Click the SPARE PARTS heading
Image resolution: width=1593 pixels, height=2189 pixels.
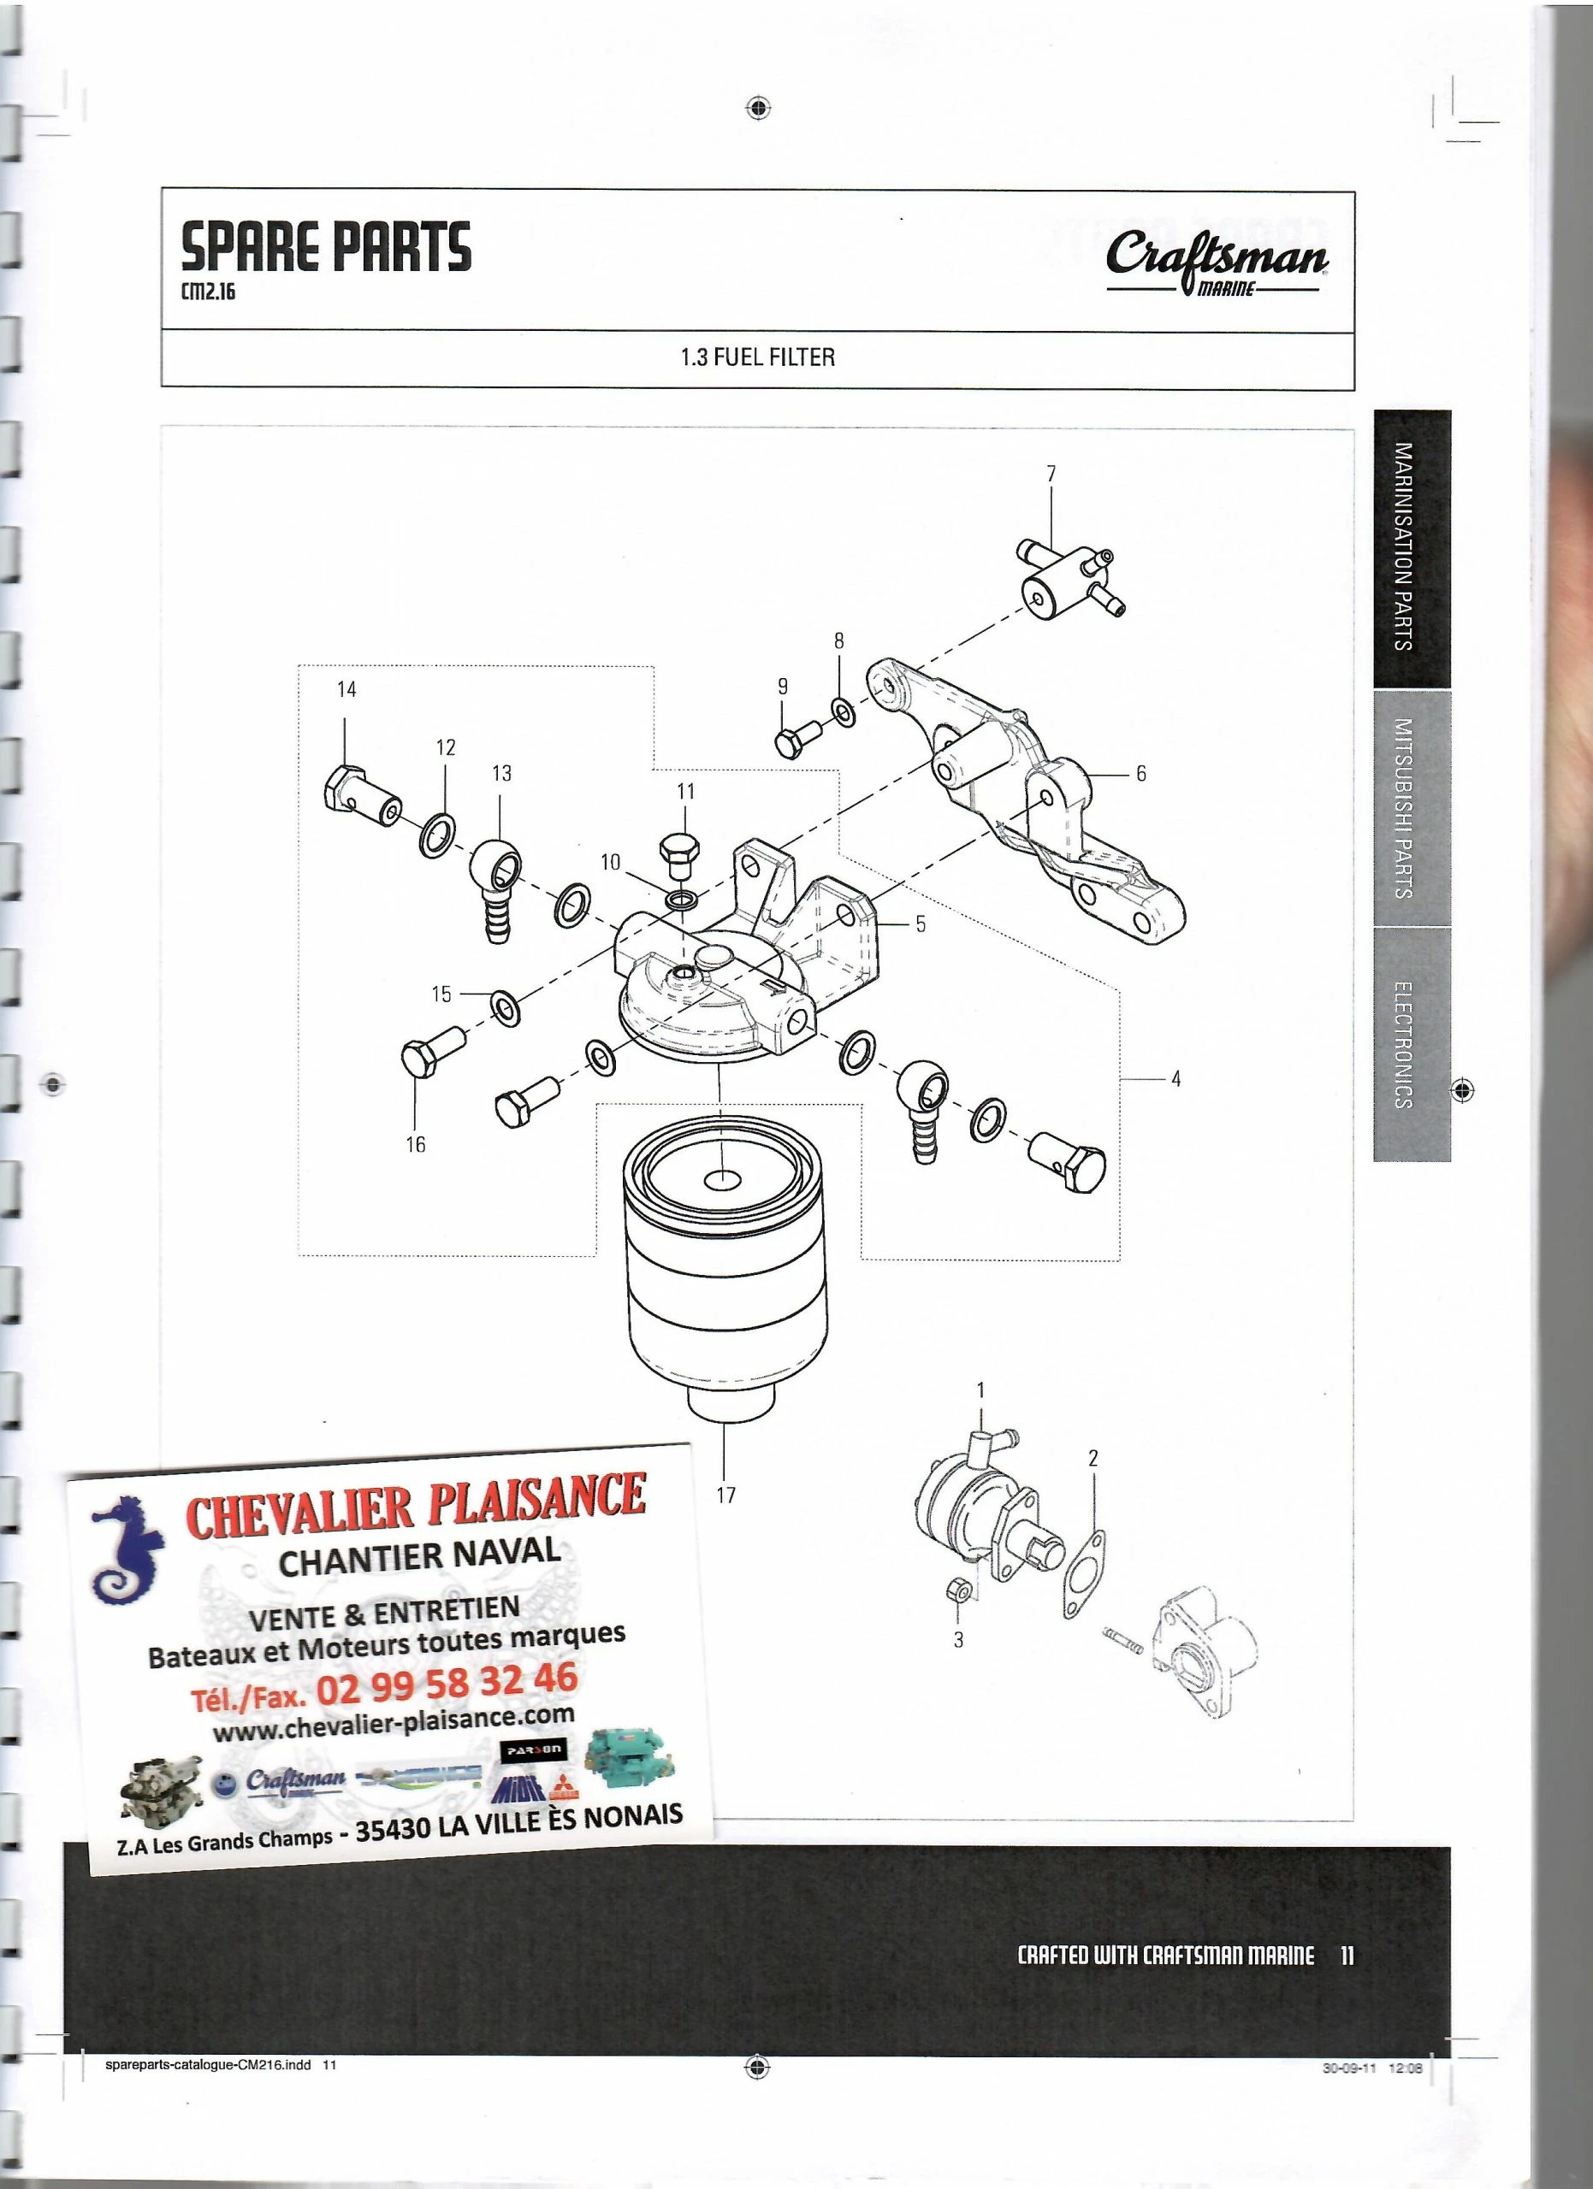[x=326, y=246]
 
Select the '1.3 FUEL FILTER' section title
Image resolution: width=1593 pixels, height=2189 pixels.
[x=758, y=358]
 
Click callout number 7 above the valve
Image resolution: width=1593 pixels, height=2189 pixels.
[x=1051, y=474]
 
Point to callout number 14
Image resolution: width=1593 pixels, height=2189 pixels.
[x=346, y=689]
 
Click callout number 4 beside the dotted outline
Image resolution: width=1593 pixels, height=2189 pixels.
[x=1176, y=1079]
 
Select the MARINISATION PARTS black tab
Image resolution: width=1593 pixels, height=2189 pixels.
[x=1411, y=547]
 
